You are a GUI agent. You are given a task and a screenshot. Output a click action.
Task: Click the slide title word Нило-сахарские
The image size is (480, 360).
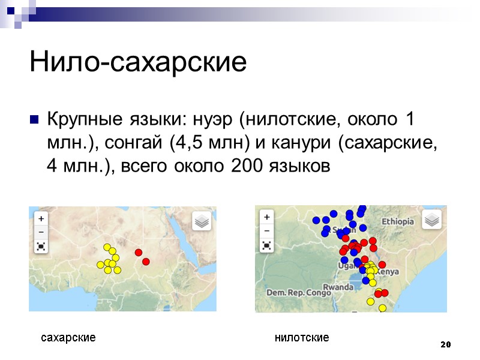point(137,62)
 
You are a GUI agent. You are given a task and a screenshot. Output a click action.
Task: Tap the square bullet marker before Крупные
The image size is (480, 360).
point(34,119)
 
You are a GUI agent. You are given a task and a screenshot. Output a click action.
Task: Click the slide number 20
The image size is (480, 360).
point(445,344)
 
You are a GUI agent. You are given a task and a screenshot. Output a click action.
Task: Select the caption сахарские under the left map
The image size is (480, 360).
point(68,338)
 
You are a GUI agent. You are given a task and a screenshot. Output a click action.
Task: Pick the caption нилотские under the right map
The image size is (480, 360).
point(302,338)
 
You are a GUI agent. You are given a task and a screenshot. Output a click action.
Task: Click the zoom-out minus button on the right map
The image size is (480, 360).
point(266,231)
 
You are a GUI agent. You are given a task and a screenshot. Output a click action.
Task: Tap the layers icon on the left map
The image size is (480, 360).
point(202,221)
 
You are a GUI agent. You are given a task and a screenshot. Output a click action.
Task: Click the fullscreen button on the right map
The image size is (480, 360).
point(266,245)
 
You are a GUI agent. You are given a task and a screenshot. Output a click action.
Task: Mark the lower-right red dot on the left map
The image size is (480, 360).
point(146,262)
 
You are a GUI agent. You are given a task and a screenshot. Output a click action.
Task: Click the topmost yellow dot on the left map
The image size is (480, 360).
point(107,247)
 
